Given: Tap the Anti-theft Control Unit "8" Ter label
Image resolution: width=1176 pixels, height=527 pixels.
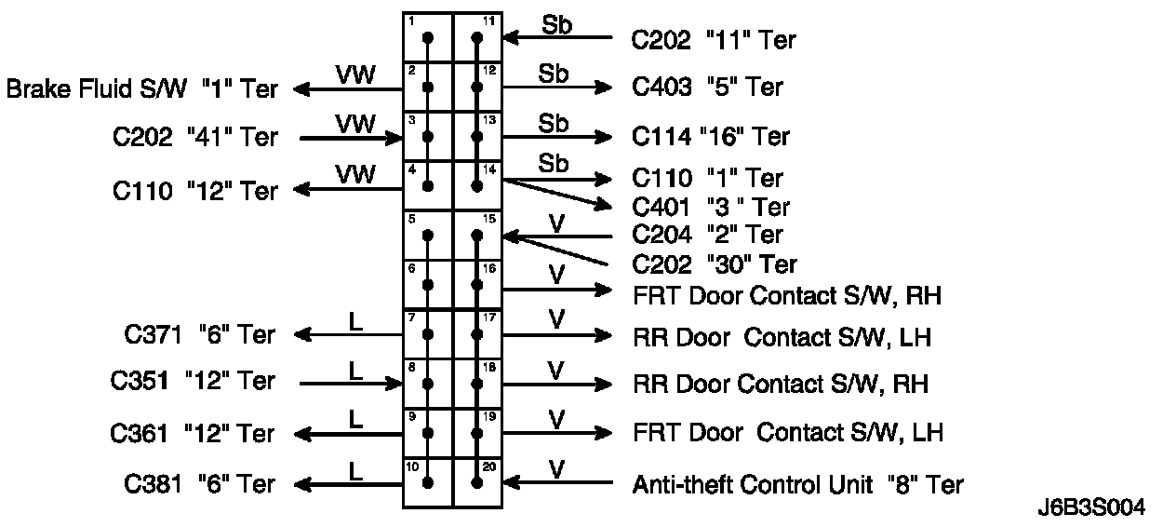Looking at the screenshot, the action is pos(797,484).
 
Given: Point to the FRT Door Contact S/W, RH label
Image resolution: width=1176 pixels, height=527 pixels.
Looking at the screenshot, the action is pos(786,296).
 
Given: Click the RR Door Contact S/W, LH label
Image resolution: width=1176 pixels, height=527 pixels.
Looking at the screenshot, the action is pos(782,337).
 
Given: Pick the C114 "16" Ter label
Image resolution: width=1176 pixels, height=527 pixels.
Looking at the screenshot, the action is pos(711,137).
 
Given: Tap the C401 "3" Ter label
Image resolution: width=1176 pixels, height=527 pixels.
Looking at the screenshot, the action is pos(711,207).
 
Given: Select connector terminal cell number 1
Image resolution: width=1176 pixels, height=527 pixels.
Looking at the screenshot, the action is pos(428,38).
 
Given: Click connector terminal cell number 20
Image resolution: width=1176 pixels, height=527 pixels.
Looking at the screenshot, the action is pos(477,482).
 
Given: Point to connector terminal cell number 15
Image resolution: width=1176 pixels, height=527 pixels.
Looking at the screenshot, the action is pos(477,236).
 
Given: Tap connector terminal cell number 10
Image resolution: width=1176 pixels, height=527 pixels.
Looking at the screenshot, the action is pos(428,482).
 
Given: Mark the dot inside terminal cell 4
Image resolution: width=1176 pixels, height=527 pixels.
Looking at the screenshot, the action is pos(428,186).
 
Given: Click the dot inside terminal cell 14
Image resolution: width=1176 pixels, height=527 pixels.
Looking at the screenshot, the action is pos(477,186).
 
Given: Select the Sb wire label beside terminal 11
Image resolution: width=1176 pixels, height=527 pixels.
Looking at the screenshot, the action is pos(555,25).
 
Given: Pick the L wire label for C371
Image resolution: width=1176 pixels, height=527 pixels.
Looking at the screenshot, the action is pos(355,322).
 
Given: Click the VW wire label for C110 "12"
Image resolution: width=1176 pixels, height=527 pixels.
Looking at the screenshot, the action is pos(355,174).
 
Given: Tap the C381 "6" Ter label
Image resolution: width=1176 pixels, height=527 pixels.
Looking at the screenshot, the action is pos(199,484).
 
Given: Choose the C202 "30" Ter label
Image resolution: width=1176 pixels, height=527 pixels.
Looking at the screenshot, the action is pos(715,264).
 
